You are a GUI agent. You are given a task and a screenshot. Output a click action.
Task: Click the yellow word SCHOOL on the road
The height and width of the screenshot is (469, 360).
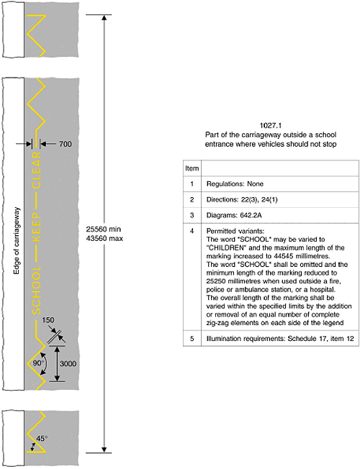pos(37,290)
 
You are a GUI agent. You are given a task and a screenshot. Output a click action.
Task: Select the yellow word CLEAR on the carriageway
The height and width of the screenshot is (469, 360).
pos(37,170)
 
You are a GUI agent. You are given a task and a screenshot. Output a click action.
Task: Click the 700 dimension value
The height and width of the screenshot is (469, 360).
pos(66,144)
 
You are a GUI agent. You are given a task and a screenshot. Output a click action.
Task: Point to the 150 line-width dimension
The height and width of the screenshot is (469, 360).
pos(48,320)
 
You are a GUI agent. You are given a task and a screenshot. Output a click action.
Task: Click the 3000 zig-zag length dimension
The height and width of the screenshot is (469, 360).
pos(68,364)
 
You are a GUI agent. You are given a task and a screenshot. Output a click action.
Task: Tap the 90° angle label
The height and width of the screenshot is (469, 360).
pos(38,363)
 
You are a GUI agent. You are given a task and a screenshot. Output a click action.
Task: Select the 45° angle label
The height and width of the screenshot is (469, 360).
pos(42,439)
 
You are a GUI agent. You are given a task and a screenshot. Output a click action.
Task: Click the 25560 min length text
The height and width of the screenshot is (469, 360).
pos(104,229)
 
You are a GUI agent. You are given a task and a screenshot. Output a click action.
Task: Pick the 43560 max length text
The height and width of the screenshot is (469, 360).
pos(104,238)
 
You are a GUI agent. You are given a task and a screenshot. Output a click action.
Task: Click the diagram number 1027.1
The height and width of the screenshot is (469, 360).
pos(271,125)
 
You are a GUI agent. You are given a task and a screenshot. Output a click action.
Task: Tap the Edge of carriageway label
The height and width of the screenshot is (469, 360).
pos(17,241)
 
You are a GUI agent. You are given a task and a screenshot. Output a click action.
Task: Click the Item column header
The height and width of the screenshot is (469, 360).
pos(192,168)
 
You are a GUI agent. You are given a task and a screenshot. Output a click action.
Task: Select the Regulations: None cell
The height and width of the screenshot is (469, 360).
pos(235,184)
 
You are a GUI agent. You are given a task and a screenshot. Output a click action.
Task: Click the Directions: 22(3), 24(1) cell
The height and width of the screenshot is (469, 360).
pos(242,199)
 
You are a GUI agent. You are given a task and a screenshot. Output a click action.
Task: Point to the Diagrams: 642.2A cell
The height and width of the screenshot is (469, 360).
pos(234,215)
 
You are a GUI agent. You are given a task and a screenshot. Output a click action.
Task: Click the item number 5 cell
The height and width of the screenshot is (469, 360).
pos(192,339)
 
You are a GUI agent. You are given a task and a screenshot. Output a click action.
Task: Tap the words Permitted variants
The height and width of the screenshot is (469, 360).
pos(235,231)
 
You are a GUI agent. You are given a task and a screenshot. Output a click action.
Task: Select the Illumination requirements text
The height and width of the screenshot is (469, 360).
pos(246,339)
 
